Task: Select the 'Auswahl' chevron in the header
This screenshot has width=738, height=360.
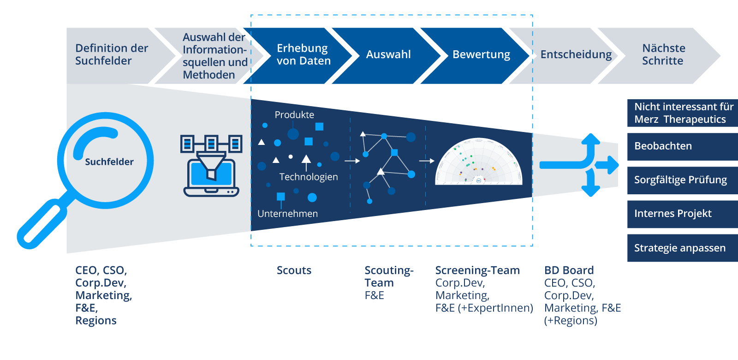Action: point(388,54)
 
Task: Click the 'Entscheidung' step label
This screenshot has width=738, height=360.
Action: point(576,54)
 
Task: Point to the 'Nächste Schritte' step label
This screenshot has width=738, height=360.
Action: point(663,54)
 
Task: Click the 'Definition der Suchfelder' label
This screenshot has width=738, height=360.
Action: point(112,54)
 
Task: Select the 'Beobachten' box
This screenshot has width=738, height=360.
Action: point(682,146)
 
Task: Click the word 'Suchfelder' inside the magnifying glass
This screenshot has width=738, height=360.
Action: point(109,162)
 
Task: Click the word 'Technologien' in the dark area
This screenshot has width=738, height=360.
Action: point(308,177)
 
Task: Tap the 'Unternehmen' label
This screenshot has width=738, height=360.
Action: point(287,214)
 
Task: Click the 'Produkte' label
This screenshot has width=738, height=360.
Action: point(294,115)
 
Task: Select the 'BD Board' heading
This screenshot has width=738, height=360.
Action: point(569,270)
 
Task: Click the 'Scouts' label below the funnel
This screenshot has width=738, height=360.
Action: point(294,270)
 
